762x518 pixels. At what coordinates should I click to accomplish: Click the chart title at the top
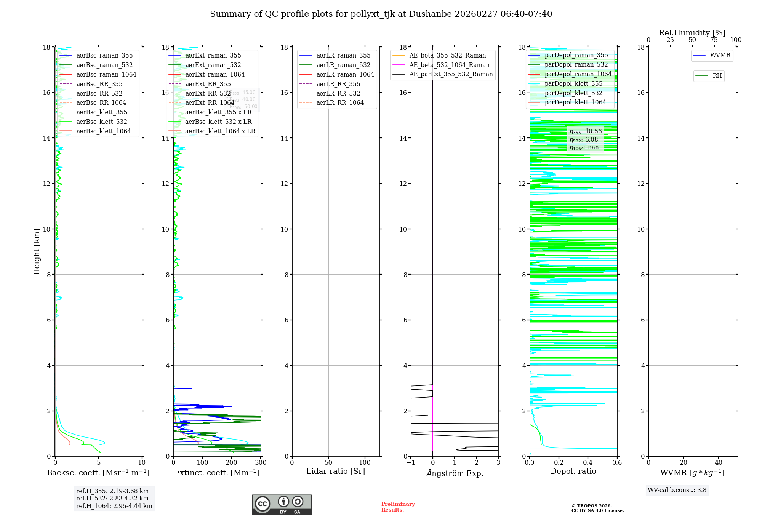click(x=381, y=14)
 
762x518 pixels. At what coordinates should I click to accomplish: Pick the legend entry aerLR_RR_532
click(x=338, y=93)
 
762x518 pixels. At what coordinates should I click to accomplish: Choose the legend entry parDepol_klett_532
click(x=573, y=93)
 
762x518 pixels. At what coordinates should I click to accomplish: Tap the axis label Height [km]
click(x=37, y=252)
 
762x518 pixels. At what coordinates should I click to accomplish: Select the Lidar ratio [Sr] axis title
click(x=336, y=472)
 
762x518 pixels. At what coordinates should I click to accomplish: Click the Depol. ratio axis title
click(x=573, y=472)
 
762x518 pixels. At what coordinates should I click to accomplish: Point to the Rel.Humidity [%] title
click(x=692, y=33)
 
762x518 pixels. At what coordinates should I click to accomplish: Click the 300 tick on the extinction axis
click(x=261, y=463)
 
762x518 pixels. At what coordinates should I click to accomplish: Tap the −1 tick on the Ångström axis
click(x=411, y=463)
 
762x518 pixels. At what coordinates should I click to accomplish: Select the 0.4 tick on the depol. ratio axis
click(x=588, y=463)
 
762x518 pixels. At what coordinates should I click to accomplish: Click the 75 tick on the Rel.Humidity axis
click(x=714, y=40)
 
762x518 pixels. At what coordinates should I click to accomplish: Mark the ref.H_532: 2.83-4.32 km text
click(x=112, y=499)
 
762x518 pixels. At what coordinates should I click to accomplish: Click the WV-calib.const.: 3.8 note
click(x=677, y=490)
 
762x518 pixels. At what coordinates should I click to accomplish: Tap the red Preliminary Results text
click(x=398, y=507)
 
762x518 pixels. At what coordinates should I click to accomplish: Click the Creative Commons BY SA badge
click(x=282, y=505)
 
